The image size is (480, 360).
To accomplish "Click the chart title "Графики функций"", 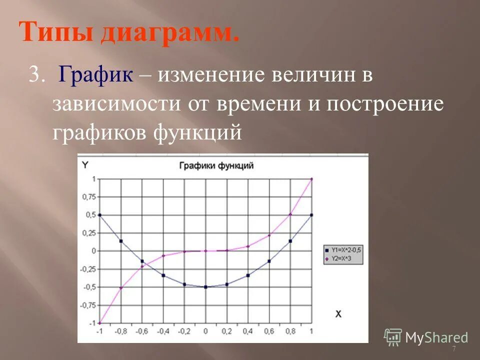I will coord(216,165).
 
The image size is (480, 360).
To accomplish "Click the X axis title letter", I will coord(338,313).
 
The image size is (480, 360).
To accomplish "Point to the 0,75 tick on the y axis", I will coord(89,196).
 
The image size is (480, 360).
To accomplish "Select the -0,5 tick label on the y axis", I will coord(89,287).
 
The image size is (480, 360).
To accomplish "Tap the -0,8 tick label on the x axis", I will coord(120,331).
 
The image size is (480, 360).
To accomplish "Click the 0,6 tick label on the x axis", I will coord(269,331).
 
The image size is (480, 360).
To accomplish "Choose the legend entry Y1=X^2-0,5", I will coord(344,248).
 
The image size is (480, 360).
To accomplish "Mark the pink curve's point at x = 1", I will coord(311,178).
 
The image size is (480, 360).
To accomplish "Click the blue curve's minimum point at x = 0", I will coord(205,287).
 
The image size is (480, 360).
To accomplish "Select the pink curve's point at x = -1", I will coord(99,323).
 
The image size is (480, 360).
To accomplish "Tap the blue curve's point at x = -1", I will coord(99,215).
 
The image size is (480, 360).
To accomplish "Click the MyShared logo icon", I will coord(393,337).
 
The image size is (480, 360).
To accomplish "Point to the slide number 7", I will coord(454,348).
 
